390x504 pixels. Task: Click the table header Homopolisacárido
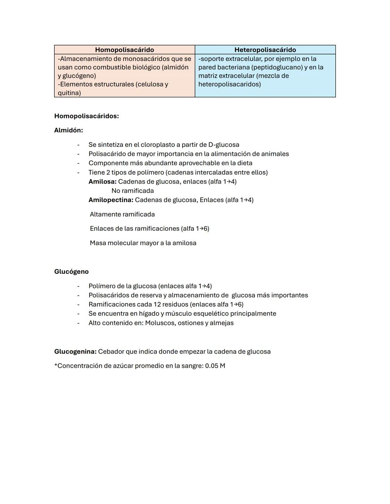coord(124,50)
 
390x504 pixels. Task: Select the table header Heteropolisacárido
coord(265,50)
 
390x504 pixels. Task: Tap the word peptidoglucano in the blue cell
coord(278,67)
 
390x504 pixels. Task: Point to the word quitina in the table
coord(68,93)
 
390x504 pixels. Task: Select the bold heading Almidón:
coord(69,130)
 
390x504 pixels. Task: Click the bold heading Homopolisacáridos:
coord(86,116)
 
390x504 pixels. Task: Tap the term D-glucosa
coord(224,145)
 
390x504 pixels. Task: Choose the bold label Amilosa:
coord(103,181)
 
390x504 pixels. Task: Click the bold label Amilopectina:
coord(111,200)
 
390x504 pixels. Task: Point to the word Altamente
coord(105,214)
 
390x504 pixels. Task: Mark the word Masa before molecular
coord(97,243)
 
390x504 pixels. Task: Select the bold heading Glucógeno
coord(71,272)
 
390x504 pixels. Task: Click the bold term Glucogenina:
coord(75,351)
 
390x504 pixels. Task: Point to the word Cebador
coord(111,351)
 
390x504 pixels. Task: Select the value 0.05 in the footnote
coord(212,366)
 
